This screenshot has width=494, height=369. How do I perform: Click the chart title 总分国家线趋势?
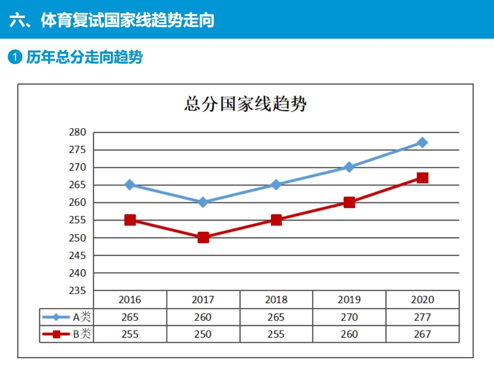click(x=245, y=105)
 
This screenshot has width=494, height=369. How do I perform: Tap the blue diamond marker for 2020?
click(x=423, y=142)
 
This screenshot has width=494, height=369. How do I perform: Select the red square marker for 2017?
click(x=203, y=237)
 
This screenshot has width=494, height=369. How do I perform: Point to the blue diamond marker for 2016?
click(x=130, y=185)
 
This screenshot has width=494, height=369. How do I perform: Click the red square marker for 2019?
click(x=349, y=202)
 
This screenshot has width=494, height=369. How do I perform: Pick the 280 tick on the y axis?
click(x=77, y=132)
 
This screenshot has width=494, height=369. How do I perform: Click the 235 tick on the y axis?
click(x=77, y=290)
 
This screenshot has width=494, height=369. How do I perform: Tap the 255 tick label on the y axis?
click(x=77, y=220)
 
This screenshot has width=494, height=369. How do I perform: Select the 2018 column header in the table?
click(x=276, y=299)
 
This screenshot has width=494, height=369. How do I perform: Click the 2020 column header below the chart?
click(x=422, y=299)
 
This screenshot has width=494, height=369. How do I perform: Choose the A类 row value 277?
click(x=422, y=317)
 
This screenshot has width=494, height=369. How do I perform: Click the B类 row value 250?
click(x=203, y=334)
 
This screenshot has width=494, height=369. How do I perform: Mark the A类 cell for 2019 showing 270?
click(x=349, y=317)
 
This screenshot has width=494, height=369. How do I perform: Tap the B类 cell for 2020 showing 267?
click(x=422, y=334)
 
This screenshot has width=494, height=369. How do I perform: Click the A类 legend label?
click(x=82, y=317)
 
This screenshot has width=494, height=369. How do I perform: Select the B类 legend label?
click(x=82, y=334)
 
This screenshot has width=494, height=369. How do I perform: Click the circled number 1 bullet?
click(x=15, y=57)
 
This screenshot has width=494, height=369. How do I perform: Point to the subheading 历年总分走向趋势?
click(x=84, y=57)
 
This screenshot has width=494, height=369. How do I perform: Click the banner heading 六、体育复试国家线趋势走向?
click(x=112, y=20)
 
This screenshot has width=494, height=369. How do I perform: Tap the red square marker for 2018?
click(x=276, y=220)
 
